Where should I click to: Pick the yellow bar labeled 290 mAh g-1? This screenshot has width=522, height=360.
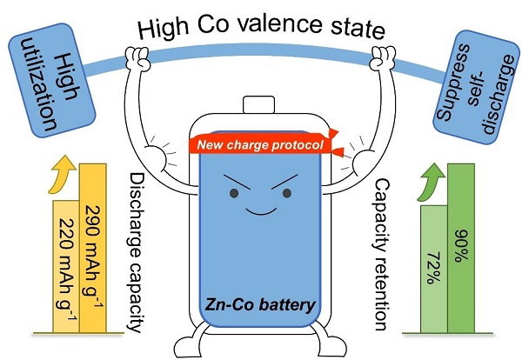tap(96, 252)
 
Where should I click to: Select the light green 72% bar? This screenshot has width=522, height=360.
tap(434, 270)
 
